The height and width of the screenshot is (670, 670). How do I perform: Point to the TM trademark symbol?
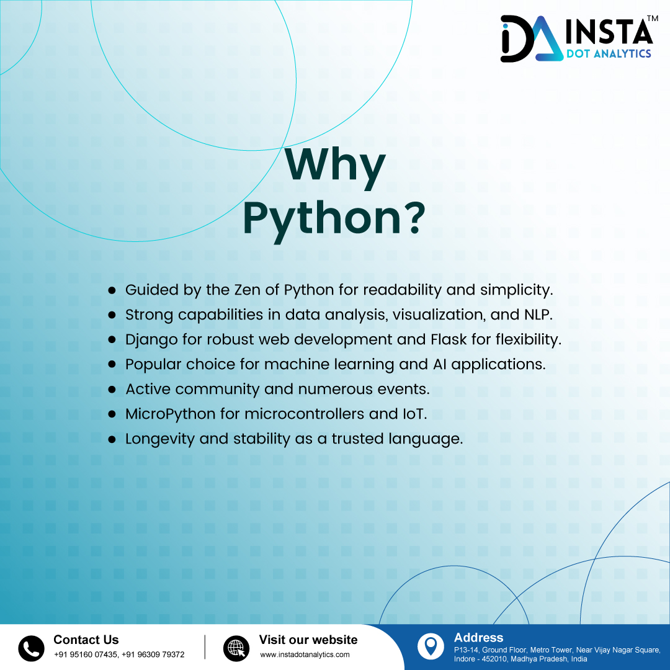pos(651,19)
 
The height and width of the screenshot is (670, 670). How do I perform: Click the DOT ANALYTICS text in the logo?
pos(609,54)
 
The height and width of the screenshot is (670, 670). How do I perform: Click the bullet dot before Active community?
pos(112,390)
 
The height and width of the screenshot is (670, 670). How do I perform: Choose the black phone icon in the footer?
pos(31,648)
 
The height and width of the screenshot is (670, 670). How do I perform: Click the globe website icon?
pos(236,648)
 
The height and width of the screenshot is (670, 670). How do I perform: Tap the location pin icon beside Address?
pos(431,646)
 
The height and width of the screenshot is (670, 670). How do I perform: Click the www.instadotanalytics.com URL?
pos(305,654)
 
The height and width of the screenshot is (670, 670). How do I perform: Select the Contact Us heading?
pos(86,640)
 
